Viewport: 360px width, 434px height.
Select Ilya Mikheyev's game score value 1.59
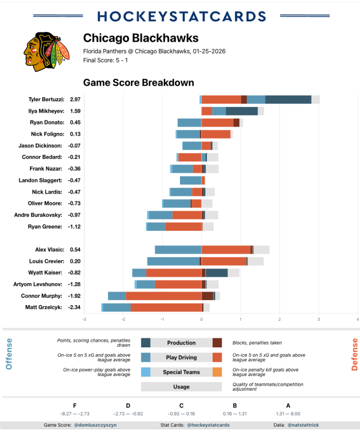(x=75, y=111)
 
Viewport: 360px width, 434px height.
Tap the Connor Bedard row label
(x=43, y=157)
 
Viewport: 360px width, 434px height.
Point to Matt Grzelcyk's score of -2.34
(x=75, y=307)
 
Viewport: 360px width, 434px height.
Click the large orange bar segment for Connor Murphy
(x=163, y=296)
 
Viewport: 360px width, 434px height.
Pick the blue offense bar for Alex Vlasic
(x=178, y=249)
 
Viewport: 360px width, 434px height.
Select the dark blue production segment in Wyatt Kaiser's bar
(x=217, y=272)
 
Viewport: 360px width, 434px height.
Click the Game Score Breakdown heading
(x=138, y=83)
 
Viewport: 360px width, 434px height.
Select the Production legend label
(x=181, y=343)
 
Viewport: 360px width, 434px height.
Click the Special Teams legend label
(x=181, y=372)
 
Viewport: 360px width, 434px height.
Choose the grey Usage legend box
(x=181, y=387)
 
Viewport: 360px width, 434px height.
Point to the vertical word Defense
(x=354, y=354)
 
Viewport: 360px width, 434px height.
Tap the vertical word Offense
(x=8, y=354)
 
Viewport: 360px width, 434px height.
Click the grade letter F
(x=75, y=405)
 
